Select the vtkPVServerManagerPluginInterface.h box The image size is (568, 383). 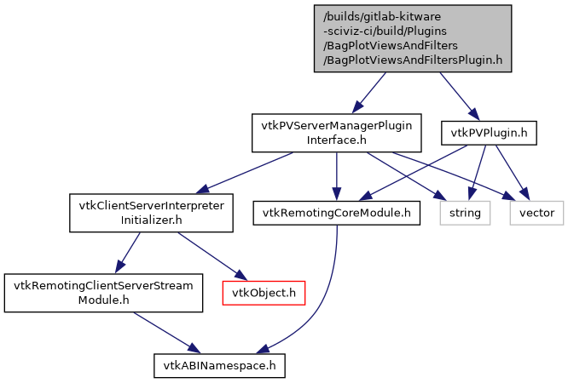point(337,132)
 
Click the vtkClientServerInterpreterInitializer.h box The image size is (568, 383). point(151,214)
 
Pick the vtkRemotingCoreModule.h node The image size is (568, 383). point(337,212)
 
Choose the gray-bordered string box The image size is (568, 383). point(466,212)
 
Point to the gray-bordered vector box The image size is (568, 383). point(536,212)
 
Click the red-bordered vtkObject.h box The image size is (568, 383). point(264,293)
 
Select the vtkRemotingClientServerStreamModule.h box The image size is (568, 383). point(102,293)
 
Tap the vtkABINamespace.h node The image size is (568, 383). point(219,365)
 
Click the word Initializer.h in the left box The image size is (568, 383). point(151,220)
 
